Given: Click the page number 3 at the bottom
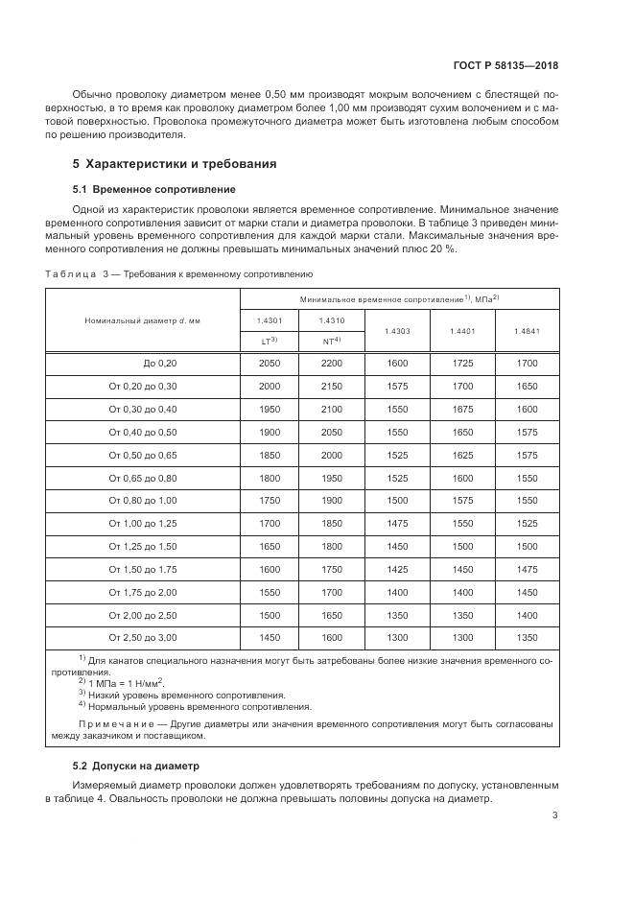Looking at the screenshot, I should point(554,815).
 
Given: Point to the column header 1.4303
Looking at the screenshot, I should point(397,331).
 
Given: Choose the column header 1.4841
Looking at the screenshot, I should point(527,331).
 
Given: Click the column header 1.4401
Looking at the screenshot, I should point(462,331).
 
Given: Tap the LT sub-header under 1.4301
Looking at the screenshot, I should point(269,341).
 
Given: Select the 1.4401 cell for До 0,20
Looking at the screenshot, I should point(462,364).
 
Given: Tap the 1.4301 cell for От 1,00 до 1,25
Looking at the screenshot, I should point(269,523).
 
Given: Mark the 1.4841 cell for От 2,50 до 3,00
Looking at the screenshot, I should point(527,637).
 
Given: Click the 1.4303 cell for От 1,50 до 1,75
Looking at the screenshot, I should point(397,569).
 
